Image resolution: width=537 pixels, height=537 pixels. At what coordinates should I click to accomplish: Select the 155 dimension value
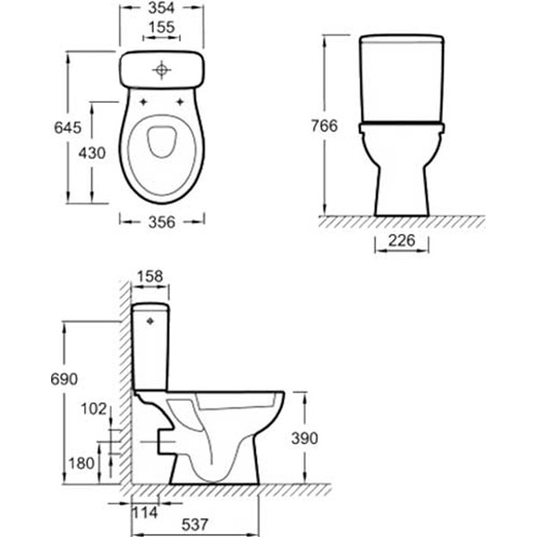point(162,29)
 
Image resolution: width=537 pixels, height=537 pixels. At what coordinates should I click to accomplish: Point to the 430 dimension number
point(91,153)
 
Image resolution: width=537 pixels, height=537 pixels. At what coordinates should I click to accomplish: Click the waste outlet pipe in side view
point(161,439)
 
